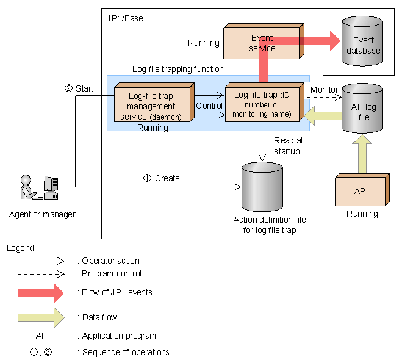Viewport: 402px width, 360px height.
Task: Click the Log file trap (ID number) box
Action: pos(262,103)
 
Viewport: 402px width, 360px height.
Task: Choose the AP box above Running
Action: pos(360,191)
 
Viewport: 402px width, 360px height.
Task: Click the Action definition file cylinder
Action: pos(262,186)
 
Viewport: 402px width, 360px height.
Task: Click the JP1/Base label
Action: pos(125,18)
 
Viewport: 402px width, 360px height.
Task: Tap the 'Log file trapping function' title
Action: pos(178,69)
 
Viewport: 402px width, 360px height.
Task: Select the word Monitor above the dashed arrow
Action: pos(324,90)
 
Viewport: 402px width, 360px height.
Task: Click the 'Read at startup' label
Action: pos(287,146)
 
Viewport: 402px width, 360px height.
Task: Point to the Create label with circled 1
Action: pos(162,178)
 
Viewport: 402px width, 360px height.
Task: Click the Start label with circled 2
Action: pos(79,88)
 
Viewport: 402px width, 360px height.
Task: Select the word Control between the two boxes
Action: pos(209,106)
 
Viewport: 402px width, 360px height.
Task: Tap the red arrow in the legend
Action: pos(41,292)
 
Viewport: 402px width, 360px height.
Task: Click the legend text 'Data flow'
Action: pos(99,317)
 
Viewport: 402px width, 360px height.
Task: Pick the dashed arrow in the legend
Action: pos(41,273)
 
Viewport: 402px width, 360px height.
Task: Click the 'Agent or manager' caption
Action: pos(43,214)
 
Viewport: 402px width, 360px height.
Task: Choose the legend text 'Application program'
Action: pos(119,336)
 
